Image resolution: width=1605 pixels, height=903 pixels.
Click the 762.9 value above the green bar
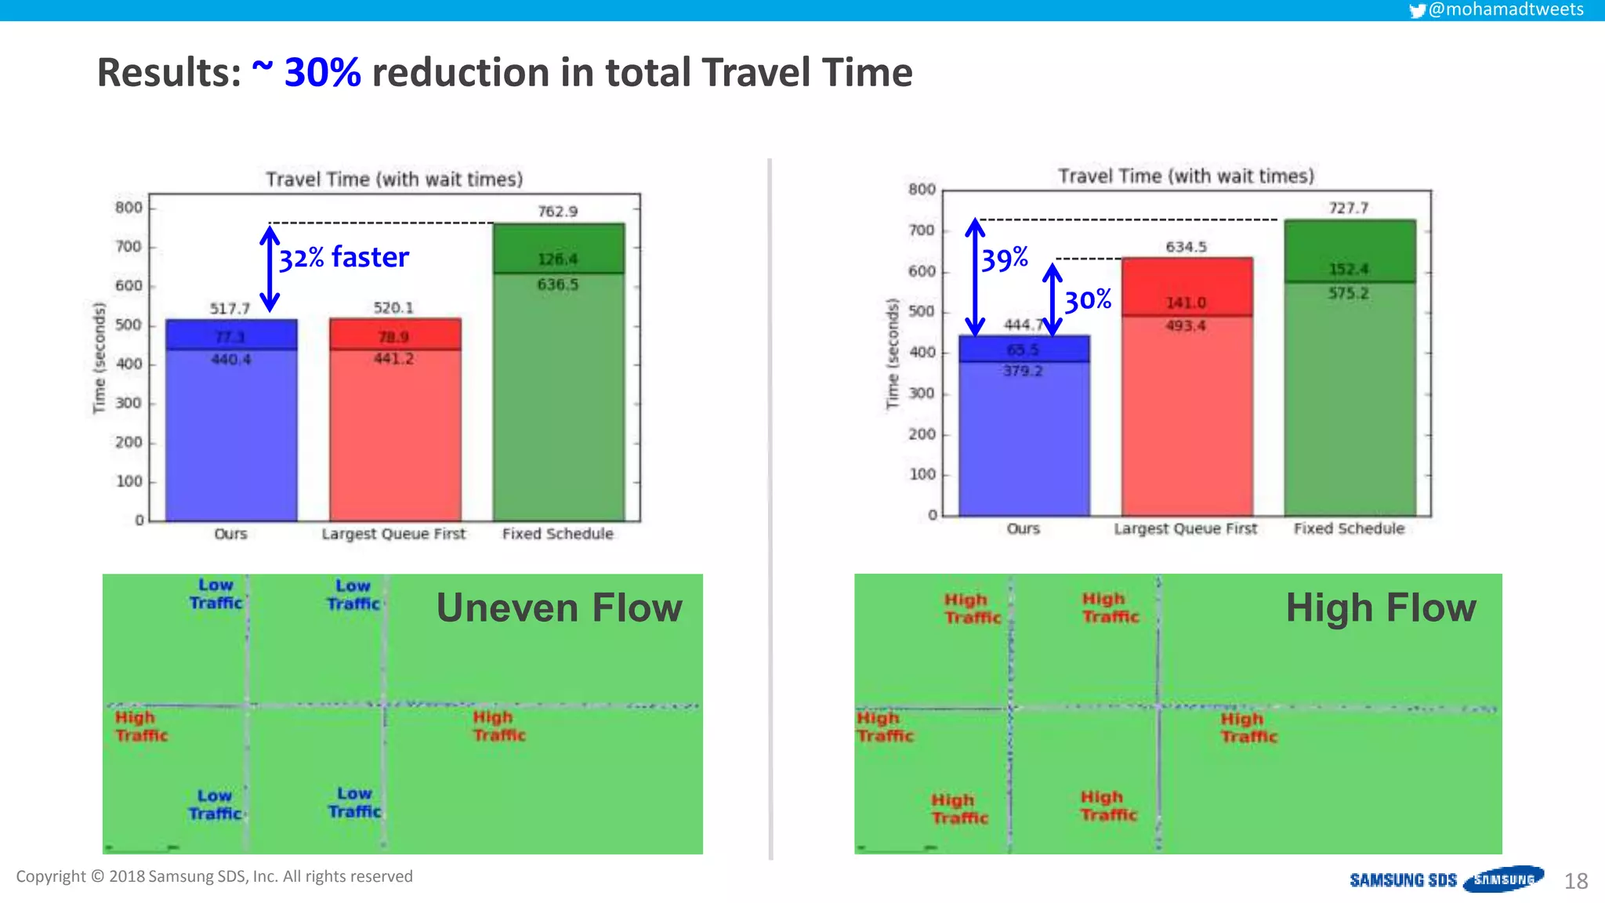coord(557,212)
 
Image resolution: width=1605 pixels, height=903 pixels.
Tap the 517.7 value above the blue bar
coord(230,309)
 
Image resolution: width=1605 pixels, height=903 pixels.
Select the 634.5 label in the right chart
coord(1186,247)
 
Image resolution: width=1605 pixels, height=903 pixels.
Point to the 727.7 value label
coord(1348,208)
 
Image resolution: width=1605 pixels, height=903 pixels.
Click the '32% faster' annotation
coord(344,257)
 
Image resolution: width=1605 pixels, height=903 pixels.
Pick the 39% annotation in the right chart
coord(1005,259)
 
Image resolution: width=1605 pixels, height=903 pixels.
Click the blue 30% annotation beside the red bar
coord(1088,300)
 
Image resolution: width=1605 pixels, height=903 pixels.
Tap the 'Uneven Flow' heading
coord(559,608)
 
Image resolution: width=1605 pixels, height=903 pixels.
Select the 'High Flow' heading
coord(1381,608)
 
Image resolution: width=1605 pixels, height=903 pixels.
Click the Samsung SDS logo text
coord(1403,880)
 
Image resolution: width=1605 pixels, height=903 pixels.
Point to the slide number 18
coord(1575,882)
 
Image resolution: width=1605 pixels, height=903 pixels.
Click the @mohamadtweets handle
coord(1505,9)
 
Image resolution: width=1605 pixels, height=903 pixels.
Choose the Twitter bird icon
coord(1417,10)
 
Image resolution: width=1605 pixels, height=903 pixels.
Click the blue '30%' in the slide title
coord(322,73)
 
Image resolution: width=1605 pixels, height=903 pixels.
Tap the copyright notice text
coord(214,876)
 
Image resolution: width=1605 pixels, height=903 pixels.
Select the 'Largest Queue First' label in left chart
coord(393,534)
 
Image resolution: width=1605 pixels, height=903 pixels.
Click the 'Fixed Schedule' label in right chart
coord(1349,529)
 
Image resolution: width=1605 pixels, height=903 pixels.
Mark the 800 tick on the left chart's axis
coord(129,208)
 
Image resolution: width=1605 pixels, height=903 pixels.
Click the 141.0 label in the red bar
coord(1186,303)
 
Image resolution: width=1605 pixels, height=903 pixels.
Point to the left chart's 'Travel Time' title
coord(394,180)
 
